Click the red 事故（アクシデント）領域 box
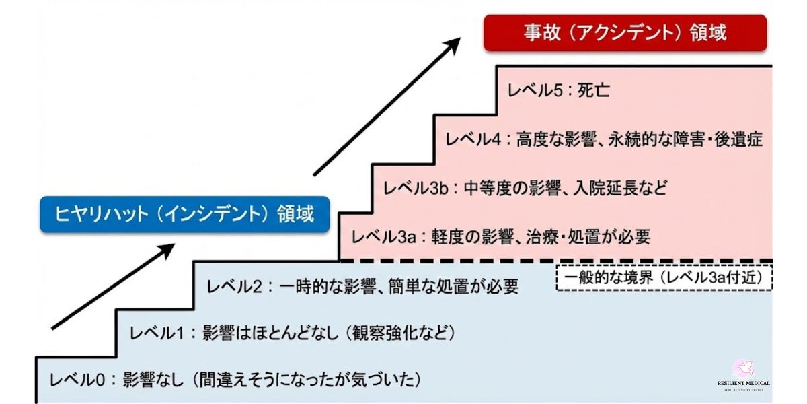[625, 33]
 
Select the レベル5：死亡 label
[558, 90]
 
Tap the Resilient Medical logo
[743, 374]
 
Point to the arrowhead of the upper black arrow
[452, 44]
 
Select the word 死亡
[593, 90]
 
